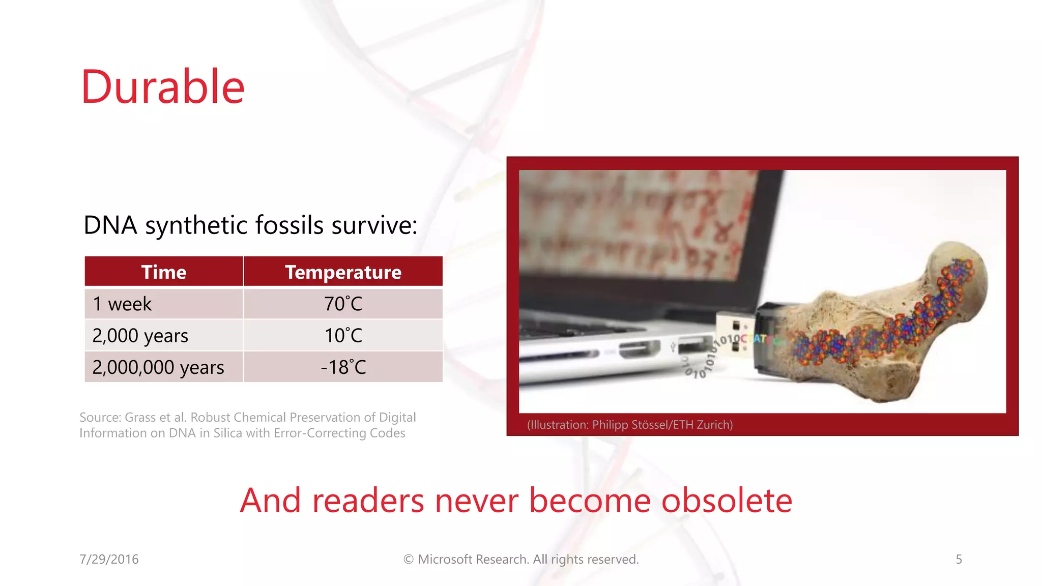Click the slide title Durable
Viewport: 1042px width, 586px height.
[163, 87]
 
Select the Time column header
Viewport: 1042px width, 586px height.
[163, 272]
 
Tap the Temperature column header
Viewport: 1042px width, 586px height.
[343, 272]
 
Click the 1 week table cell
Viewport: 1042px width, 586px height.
[122, 304]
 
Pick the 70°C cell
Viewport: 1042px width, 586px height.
[343, 304]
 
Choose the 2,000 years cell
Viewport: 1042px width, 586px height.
[140, 336]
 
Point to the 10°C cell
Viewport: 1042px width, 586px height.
[343, 336]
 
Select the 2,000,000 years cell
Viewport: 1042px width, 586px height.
[158, 367]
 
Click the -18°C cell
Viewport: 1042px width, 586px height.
[343, 367]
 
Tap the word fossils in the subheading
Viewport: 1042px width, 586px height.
[289, 225]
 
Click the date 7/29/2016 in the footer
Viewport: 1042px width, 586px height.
[109, 559]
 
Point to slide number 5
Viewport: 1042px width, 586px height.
[959, 559]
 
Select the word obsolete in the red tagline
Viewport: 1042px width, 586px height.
[727, 501]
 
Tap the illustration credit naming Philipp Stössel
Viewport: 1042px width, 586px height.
[630, 425]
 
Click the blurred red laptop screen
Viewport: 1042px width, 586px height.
[636, 224]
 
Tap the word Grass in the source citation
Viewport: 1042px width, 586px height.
[140, 418]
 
